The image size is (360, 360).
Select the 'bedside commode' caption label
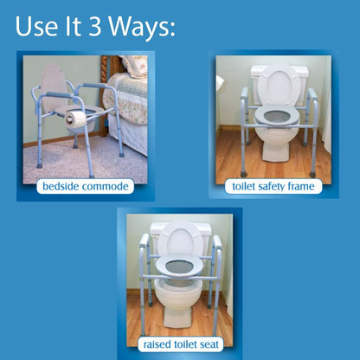click(x=87, y=187)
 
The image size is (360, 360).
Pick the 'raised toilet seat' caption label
click(x=181, y=344)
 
